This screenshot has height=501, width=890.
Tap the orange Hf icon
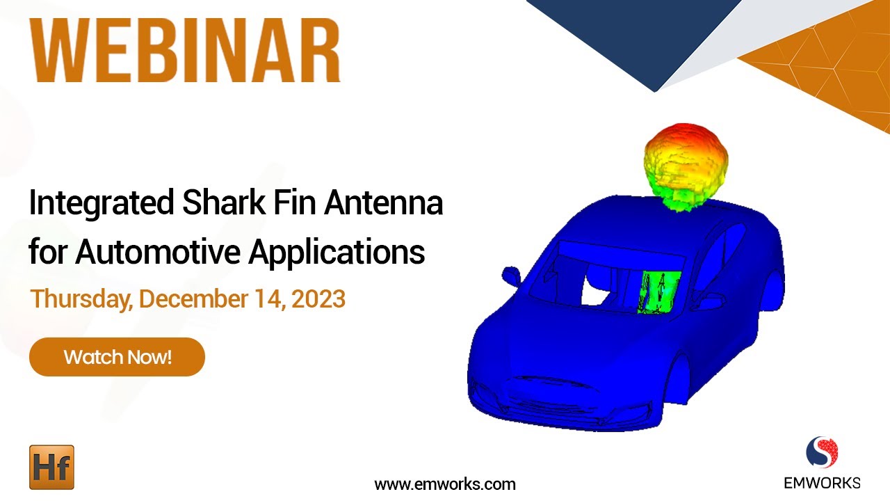pyautogui.click(x=51, y=467)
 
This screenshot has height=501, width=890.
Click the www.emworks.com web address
pyautogui.click(x=445, y=484)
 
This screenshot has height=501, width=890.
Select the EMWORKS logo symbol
pyautogui.click(x=822, y=453)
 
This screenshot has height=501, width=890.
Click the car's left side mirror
pyautogui.click(x=511, y=275)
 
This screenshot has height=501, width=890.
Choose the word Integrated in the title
pyautogui.click(x=102, y=204)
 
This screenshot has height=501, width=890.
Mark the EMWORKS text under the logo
pyautogui.click(x=822, y=482)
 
